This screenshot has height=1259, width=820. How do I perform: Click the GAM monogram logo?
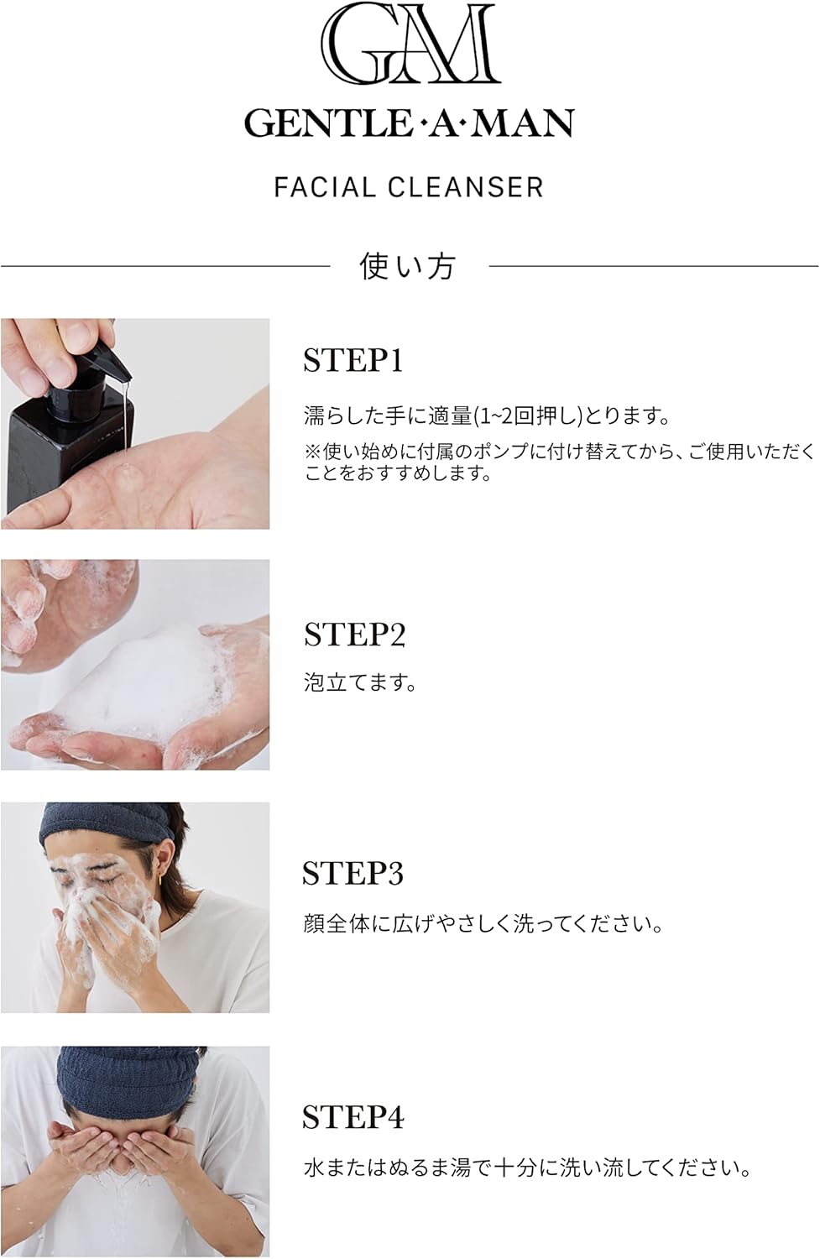(x=410, y=44)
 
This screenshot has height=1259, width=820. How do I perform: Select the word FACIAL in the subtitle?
(x=324, y=187)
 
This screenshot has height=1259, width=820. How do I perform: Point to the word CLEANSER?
(x=466, y=187)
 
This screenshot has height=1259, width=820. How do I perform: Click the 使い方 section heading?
(x=407, y=266)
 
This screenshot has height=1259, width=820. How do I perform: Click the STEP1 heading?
(x=353, y=360)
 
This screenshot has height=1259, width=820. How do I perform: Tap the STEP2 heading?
(x=354, y=635)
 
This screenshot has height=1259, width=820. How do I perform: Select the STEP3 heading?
(x=353, y=873)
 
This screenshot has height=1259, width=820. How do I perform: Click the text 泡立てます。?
(x=360, y=682)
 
